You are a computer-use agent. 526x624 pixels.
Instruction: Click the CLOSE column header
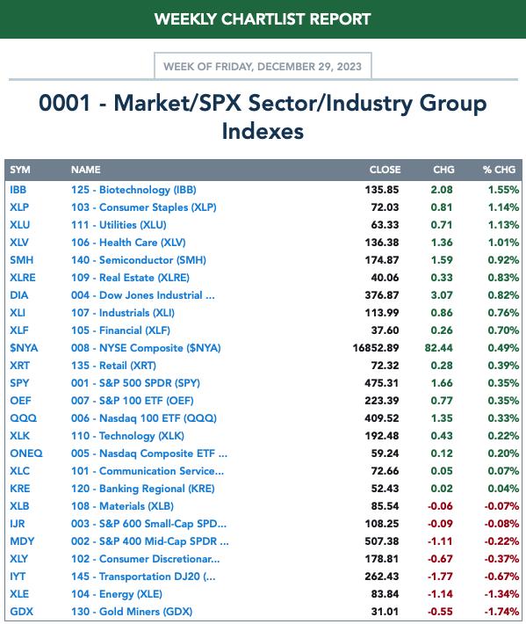pyautogui.click(x=385, y=170)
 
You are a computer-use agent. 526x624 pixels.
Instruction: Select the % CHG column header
pyautogui.click(x=499, y=170)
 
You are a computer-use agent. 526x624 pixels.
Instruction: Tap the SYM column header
pyautogui.click(x=20, y=170)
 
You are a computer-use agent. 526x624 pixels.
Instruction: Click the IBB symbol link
pyautogui.click(x=18, y=190)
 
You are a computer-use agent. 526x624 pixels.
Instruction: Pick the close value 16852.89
pyautogui.click(x=376, y=348)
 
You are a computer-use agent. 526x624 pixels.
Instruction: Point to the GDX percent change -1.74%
pyautogui.click(x=501, y=612)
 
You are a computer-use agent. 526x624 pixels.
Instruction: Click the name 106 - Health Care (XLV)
pyautogui.click(x=128, y=243)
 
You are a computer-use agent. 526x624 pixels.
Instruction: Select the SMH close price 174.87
pyautogui.click(x=382, y=260)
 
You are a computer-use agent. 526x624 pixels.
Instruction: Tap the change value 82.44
pyautogui.click(x=438, y=348)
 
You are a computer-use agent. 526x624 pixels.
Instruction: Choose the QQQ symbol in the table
pyautogui.click(x=23, y=418)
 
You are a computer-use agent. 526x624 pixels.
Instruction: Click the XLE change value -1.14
pyautogui.click(x=440, y=594)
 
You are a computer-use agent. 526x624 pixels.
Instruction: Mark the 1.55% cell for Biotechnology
pyautogui.click(x=503, y=190)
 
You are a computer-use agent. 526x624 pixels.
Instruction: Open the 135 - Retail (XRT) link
pyautogui.click(x=113, y=366)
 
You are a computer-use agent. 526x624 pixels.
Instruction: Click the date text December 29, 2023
pyautogui.click(x=310, y=67)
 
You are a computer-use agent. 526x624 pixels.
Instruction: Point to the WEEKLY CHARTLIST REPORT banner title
pyautogui.click(x=263, y=19)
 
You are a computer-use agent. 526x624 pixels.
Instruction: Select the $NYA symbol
pyautogui.click(x=24, y=348)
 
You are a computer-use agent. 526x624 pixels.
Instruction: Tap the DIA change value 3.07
pyautogui.click(x=442, y=295)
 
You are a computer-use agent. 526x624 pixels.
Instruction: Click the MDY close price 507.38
pyautogui.click(x=382, y=541)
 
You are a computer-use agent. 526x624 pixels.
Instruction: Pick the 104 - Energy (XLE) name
pyautogui.click(x=117, y=594)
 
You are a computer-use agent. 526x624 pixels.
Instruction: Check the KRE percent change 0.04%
pyautogui.click(x=503, y=489)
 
